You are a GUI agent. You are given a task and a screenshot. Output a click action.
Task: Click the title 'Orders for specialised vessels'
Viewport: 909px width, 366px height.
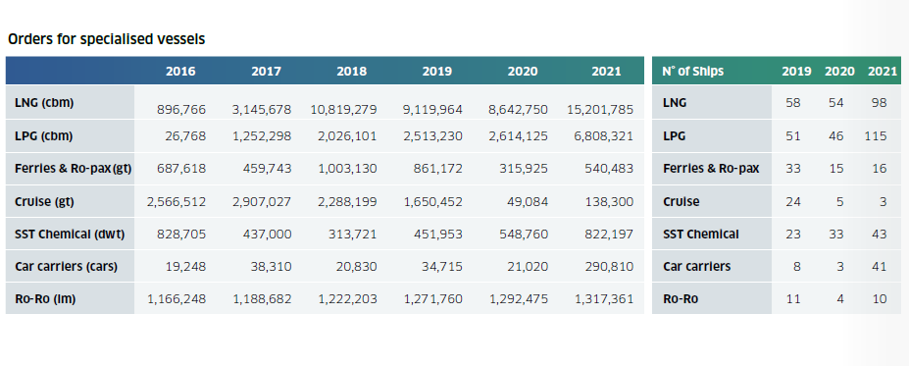point(107,39)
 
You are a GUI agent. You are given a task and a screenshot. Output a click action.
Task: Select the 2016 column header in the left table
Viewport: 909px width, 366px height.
point(180,72)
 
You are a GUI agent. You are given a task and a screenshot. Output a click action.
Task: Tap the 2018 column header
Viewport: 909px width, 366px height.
point(352,72)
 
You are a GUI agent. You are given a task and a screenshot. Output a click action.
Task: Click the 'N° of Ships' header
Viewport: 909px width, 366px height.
point(692,72)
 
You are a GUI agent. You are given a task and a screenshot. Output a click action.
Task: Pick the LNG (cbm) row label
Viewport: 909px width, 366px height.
point(44,103)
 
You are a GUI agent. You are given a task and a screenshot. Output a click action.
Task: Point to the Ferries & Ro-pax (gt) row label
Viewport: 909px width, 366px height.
point(73,169)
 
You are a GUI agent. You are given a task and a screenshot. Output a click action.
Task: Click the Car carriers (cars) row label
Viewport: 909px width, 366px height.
point(66,267)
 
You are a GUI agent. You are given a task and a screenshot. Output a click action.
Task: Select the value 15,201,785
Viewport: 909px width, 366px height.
point(599,109)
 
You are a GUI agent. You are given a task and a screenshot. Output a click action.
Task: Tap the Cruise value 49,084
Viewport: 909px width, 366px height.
point(523,202)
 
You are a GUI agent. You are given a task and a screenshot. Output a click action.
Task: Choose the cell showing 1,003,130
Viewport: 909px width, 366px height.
point(348,169)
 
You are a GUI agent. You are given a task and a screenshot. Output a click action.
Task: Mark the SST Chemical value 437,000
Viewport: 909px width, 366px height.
point(267,235)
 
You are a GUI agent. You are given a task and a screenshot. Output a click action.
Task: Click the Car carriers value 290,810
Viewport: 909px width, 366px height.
point(608,267)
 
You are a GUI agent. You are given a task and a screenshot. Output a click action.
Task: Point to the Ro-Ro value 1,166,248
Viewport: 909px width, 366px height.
point(177,299)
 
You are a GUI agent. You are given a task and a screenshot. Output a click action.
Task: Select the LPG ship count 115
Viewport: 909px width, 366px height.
point(876,136)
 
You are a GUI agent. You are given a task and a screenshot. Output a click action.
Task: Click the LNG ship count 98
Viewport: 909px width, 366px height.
point(879,103)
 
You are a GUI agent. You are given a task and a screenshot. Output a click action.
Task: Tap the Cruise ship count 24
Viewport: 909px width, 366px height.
point(793,202)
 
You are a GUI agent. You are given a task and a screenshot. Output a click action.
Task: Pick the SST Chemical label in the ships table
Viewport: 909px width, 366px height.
point(701,235)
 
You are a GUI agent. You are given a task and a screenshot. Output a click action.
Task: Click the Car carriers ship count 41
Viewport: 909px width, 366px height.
point(880,267)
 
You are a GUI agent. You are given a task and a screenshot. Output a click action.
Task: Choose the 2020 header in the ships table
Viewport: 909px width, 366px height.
point(840,72)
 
